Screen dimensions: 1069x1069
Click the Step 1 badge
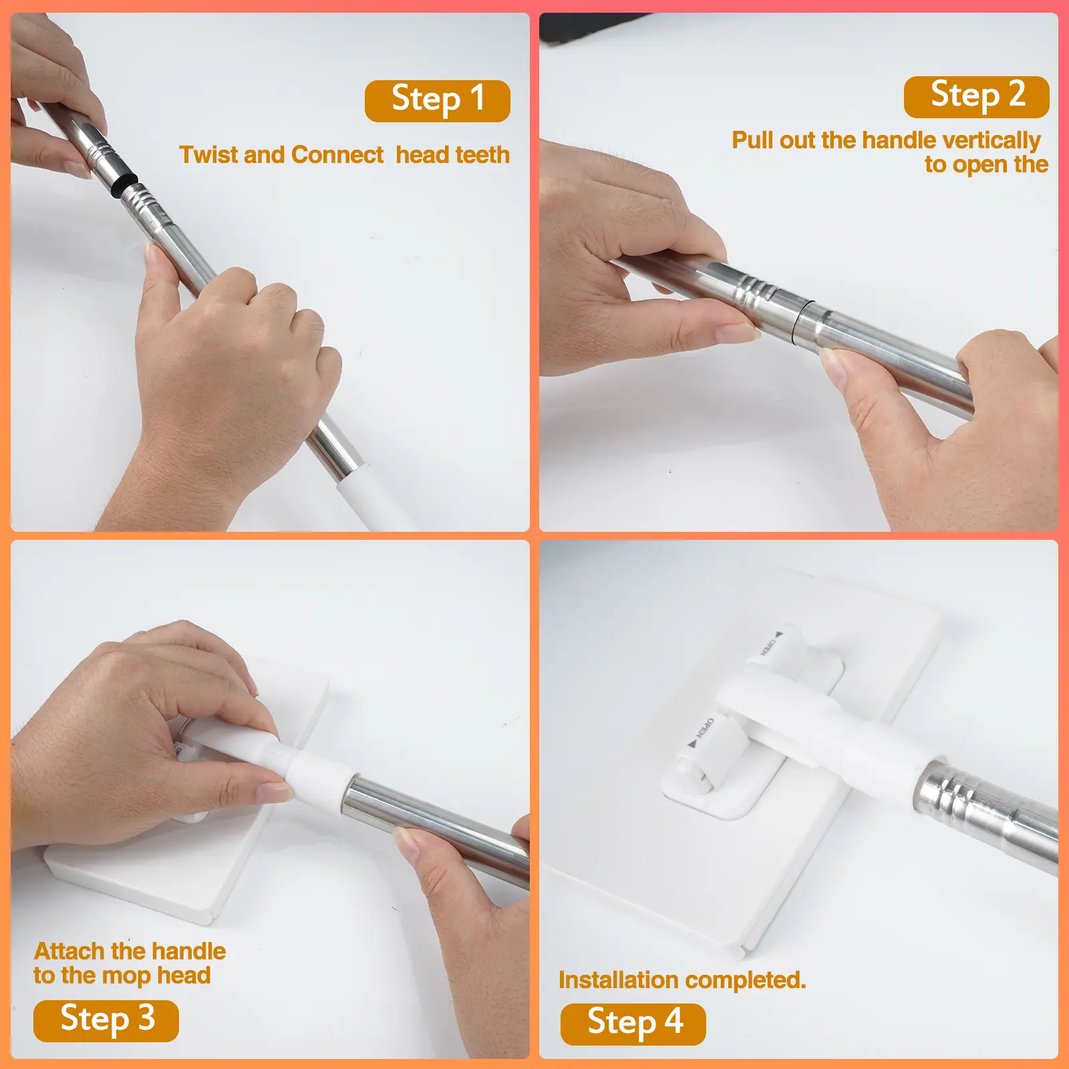coord(437,101)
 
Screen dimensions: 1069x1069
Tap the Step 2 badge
coord(976,96)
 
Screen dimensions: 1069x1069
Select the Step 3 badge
coord(106,1020)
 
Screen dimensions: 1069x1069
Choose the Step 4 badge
coord(633,1024)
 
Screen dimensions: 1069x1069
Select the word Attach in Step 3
coord(69,951)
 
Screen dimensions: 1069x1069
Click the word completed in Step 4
coord(745,981)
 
